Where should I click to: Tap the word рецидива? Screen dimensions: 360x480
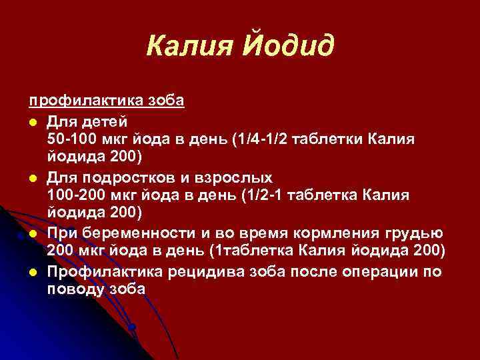(x=217, y=271)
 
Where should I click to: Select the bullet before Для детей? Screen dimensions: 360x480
(x=32, y=122)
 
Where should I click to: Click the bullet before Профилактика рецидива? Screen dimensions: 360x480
(x=32, y=272)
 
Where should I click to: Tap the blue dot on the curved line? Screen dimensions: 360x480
(x=132, y=327)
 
